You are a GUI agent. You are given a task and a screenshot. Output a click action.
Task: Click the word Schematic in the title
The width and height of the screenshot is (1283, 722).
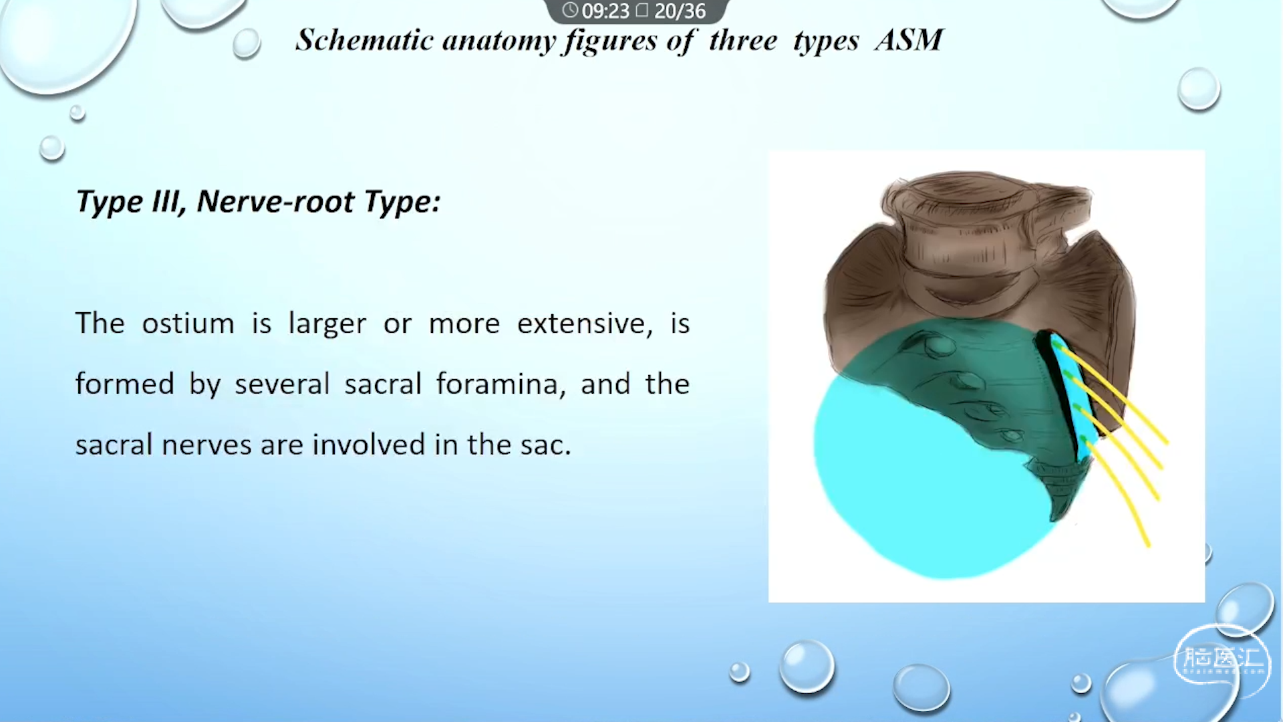365,40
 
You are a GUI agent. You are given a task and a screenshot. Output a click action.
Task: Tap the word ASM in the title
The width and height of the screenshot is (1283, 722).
909,40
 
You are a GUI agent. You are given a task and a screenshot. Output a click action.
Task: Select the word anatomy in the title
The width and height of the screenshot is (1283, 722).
499,41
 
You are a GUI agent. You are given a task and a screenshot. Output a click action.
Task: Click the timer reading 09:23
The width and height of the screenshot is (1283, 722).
605,11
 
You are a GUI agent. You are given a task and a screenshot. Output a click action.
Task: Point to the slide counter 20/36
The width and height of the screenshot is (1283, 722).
680,11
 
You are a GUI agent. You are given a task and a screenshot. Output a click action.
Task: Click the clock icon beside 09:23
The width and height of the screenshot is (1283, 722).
570,10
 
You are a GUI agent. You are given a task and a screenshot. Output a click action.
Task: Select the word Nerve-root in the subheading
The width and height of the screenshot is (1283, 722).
275,201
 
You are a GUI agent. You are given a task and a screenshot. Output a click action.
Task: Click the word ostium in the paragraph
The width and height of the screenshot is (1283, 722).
188,324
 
